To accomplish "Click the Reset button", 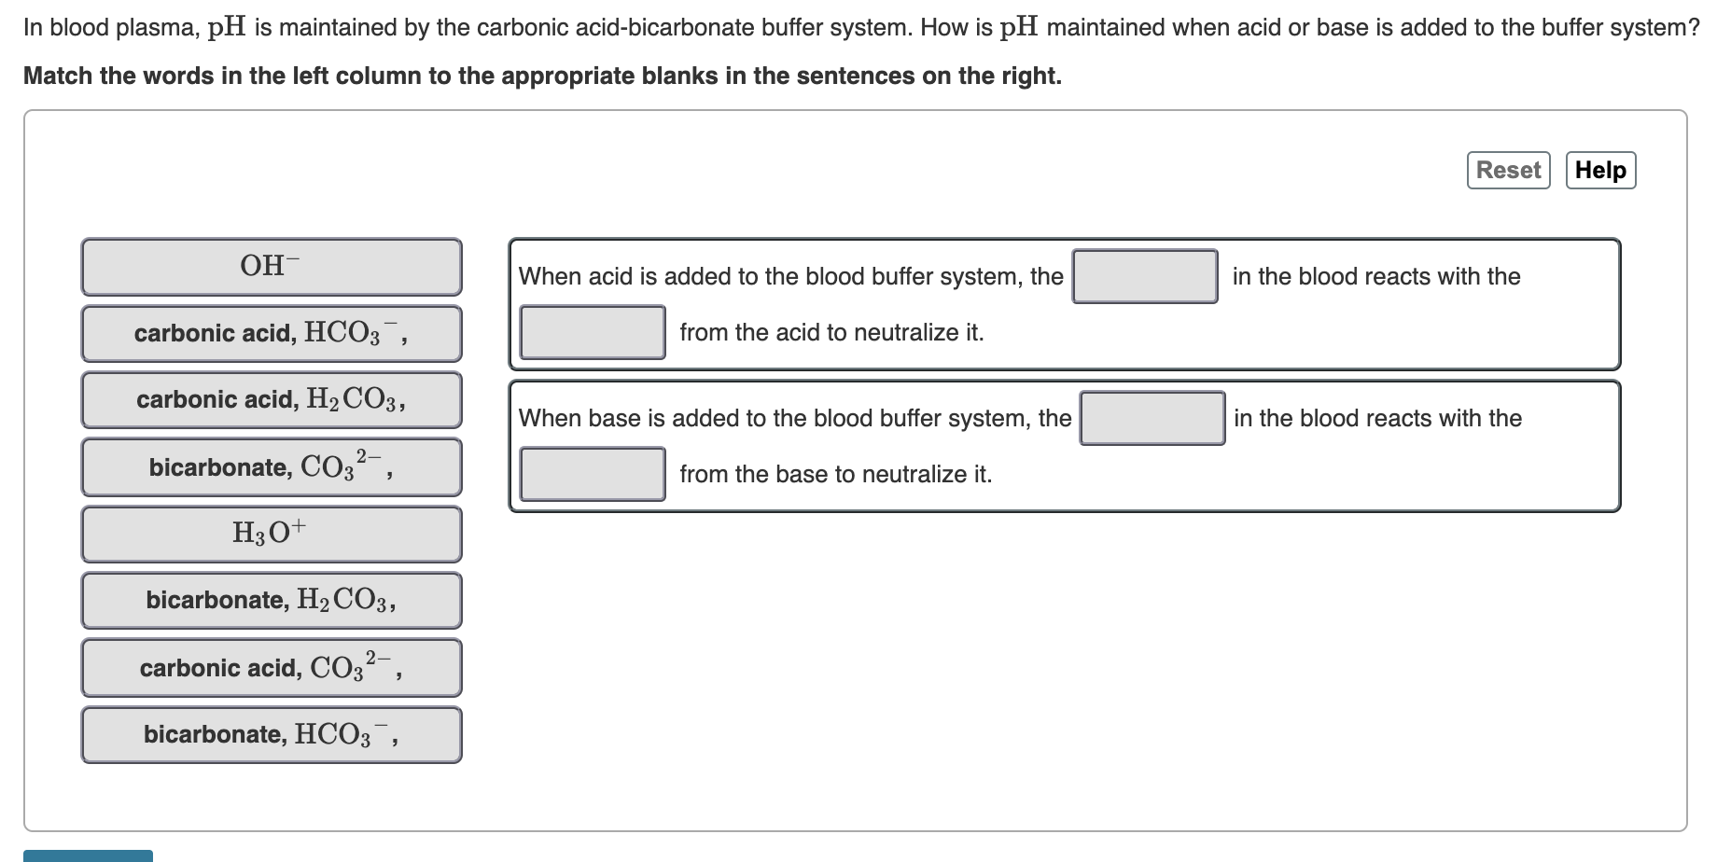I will click(x=1508, y=171).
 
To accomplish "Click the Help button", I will click(x=1600, y=171).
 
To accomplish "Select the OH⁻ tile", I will click(x=271, y=267).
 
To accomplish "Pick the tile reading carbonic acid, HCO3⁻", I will click(x=271, y=334).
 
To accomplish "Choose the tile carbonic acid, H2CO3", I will click(x=271, y=400).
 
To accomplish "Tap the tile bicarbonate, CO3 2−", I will click(x=271, y=466).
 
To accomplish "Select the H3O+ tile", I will click(x=271, y=534).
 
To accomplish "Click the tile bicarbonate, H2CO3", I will click(x=271, y=600).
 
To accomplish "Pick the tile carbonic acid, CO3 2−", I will click(x=271, y=667).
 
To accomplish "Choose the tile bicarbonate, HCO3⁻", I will click(x=271, y=734).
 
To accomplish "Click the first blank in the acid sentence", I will click(x=1145, y=276).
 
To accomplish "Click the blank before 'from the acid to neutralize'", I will click(x=593, y=332).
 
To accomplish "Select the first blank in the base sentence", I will click(x=1152, y=418).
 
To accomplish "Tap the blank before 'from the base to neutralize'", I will click(x=593, y=474).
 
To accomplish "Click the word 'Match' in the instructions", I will click(x=57, y=76).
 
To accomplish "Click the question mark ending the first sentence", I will click(x=1694, y=28).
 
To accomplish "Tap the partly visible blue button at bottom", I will click(x=88, y=855).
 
